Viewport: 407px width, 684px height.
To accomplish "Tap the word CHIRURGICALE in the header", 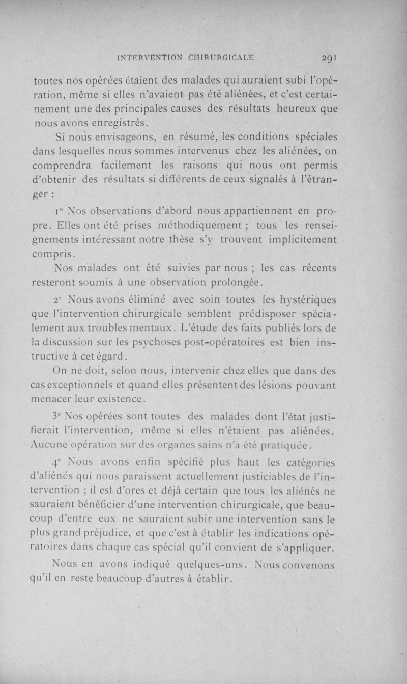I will tap(222, 57).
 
